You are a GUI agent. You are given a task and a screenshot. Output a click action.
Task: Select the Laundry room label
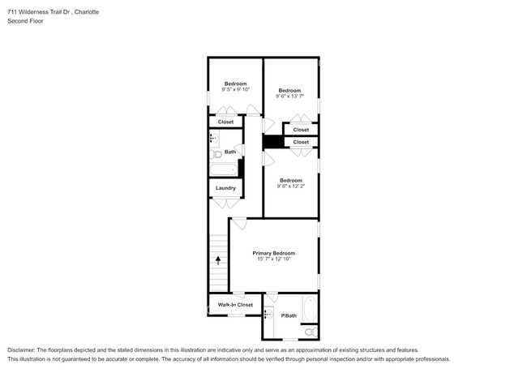click(x=225, y=188)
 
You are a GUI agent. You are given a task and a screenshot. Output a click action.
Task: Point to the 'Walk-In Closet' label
click(x=235, y=305)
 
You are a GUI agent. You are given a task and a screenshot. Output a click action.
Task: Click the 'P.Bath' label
click(x=287, y=315)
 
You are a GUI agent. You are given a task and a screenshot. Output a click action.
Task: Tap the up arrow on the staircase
click(x=217, y=260)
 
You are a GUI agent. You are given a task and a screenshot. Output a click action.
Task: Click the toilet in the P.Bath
click(x=309, y=331)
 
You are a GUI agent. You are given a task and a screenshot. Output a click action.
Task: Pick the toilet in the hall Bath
click(x=216, y=153)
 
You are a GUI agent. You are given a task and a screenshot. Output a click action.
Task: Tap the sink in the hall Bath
click(x=215, y=138)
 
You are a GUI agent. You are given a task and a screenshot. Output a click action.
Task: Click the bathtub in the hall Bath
click(x=223, y=169)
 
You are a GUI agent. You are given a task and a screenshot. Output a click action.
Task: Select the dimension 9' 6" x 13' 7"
click(x=289, y=96)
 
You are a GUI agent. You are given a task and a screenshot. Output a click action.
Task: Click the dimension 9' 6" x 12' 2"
click(x=290, y=186)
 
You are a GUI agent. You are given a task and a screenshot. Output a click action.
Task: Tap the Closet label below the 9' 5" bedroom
click(x=225, y=122)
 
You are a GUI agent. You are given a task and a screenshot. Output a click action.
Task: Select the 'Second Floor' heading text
click(x=26, y=21)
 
